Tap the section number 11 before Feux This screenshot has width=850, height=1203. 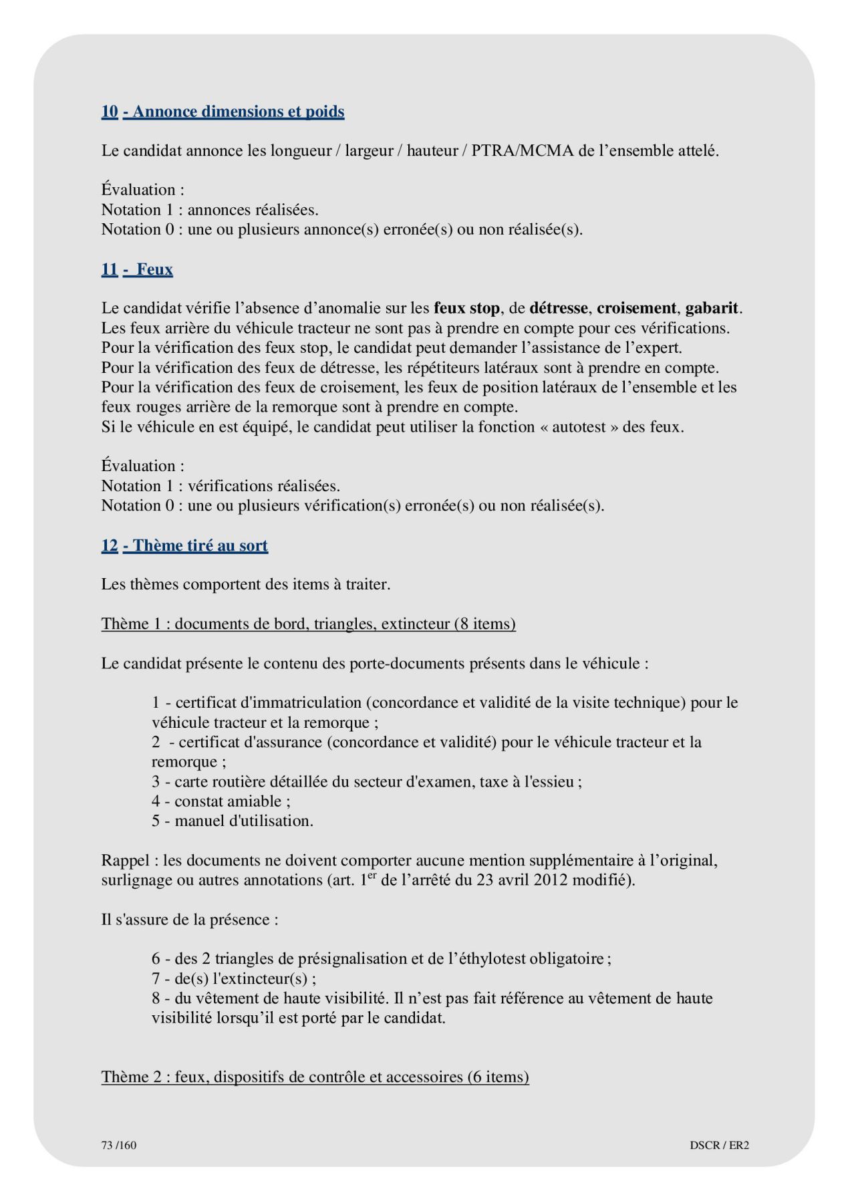click(x=110, y=269)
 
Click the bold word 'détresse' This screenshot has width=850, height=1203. click(x=558, y=308)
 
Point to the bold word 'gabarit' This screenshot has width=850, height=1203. click(x=712, y=308)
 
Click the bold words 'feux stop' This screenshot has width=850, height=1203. click(x=466, y=308)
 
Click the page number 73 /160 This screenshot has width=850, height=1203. click(x=119, y=1145)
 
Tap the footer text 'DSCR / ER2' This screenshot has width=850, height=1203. click(x=719, y=1145)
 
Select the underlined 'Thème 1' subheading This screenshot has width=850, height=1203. click(x=308, y=624)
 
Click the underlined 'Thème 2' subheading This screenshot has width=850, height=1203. click(x=315, y=1077)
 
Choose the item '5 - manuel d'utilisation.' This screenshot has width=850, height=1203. click(x=232, y=821)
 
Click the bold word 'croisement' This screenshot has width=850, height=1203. click(x=636, y=308)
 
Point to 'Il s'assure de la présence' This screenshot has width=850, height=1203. click(x=190, y=920)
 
